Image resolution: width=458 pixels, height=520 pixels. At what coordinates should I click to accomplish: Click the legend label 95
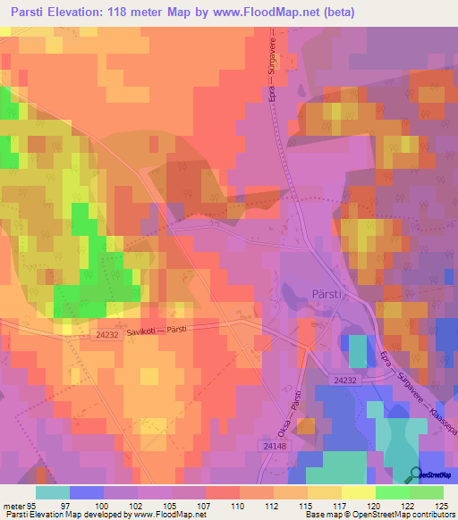click(x=32, y=506)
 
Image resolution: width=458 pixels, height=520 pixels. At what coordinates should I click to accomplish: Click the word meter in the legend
click(x=13, y=506)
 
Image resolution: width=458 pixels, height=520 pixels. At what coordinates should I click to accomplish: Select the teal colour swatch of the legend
click(x=53, y=492)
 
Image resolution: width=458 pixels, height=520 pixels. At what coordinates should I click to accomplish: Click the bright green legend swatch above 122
click(x=393, y=492)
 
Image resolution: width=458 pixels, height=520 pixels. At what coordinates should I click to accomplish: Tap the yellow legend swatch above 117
click(x=325, y=492)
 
